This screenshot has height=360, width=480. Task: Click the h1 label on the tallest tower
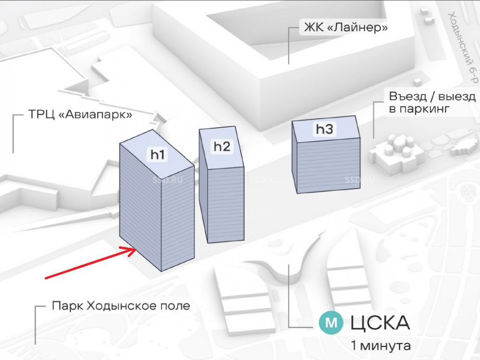158,155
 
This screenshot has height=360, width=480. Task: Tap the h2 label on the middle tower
222,146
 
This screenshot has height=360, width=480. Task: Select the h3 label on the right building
324,129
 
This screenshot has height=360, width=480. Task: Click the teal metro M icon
331,323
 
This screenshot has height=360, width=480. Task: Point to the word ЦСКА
381,323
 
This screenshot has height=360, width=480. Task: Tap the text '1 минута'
381,346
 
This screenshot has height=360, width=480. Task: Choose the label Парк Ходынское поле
121,306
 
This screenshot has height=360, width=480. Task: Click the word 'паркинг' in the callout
424,109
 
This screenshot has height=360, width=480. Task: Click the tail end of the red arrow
46,277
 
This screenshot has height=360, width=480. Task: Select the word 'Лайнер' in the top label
357,28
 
